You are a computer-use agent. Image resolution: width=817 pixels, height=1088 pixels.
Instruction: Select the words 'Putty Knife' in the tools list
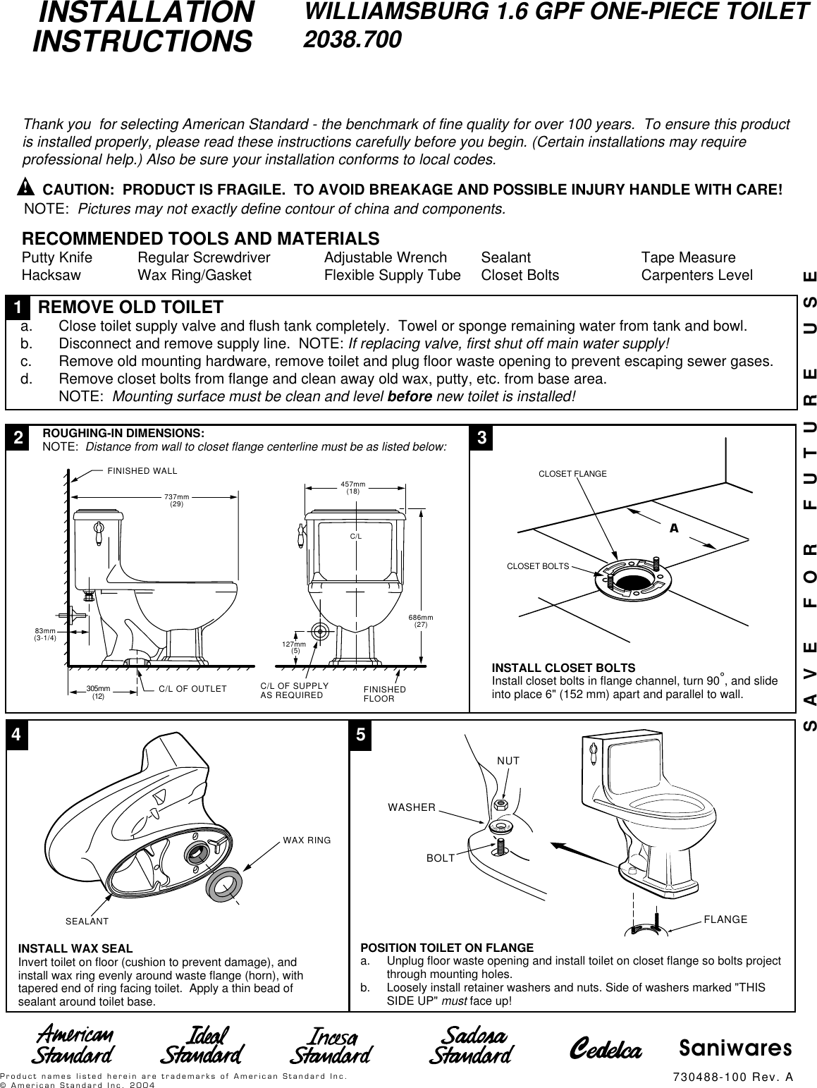click(57, 258)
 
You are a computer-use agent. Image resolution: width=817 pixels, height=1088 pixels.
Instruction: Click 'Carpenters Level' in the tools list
click(696, 275)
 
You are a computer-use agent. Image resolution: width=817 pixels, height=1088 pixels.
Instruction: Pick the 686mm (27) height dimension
click(421, 621)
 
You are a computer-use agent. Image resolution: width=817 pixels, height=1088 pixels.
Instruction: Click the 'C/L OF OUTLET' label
click(192, 689)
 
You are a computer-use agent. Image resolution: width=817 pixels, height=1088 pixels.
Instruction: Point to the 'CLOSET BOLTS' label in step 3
click(538, 566)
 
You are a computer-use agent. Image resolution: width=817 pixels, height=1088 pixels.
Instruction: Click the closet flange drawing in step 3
click(632, 577)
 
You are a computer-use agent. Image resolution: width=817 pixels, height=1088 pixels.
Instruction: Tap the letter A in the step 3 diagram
click(674, 527)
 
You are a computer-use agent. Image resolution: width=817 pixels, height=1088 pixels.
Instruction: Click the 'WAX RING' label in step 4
click(307, 840)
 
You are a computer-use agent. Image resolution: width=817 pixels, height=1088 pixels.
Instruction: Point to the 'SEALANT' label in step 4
click(87, 922)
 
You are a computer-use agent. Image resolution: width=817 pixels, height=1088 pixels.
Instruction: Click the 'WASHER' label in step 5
click(412, 807)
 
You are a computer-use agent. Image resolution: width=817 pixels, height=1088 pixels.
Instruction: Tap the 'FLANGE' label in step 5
click(725, 919)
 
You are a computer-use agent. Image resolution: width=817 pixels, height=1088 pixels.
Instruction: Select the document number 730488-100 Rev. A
click(733, 1076)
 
